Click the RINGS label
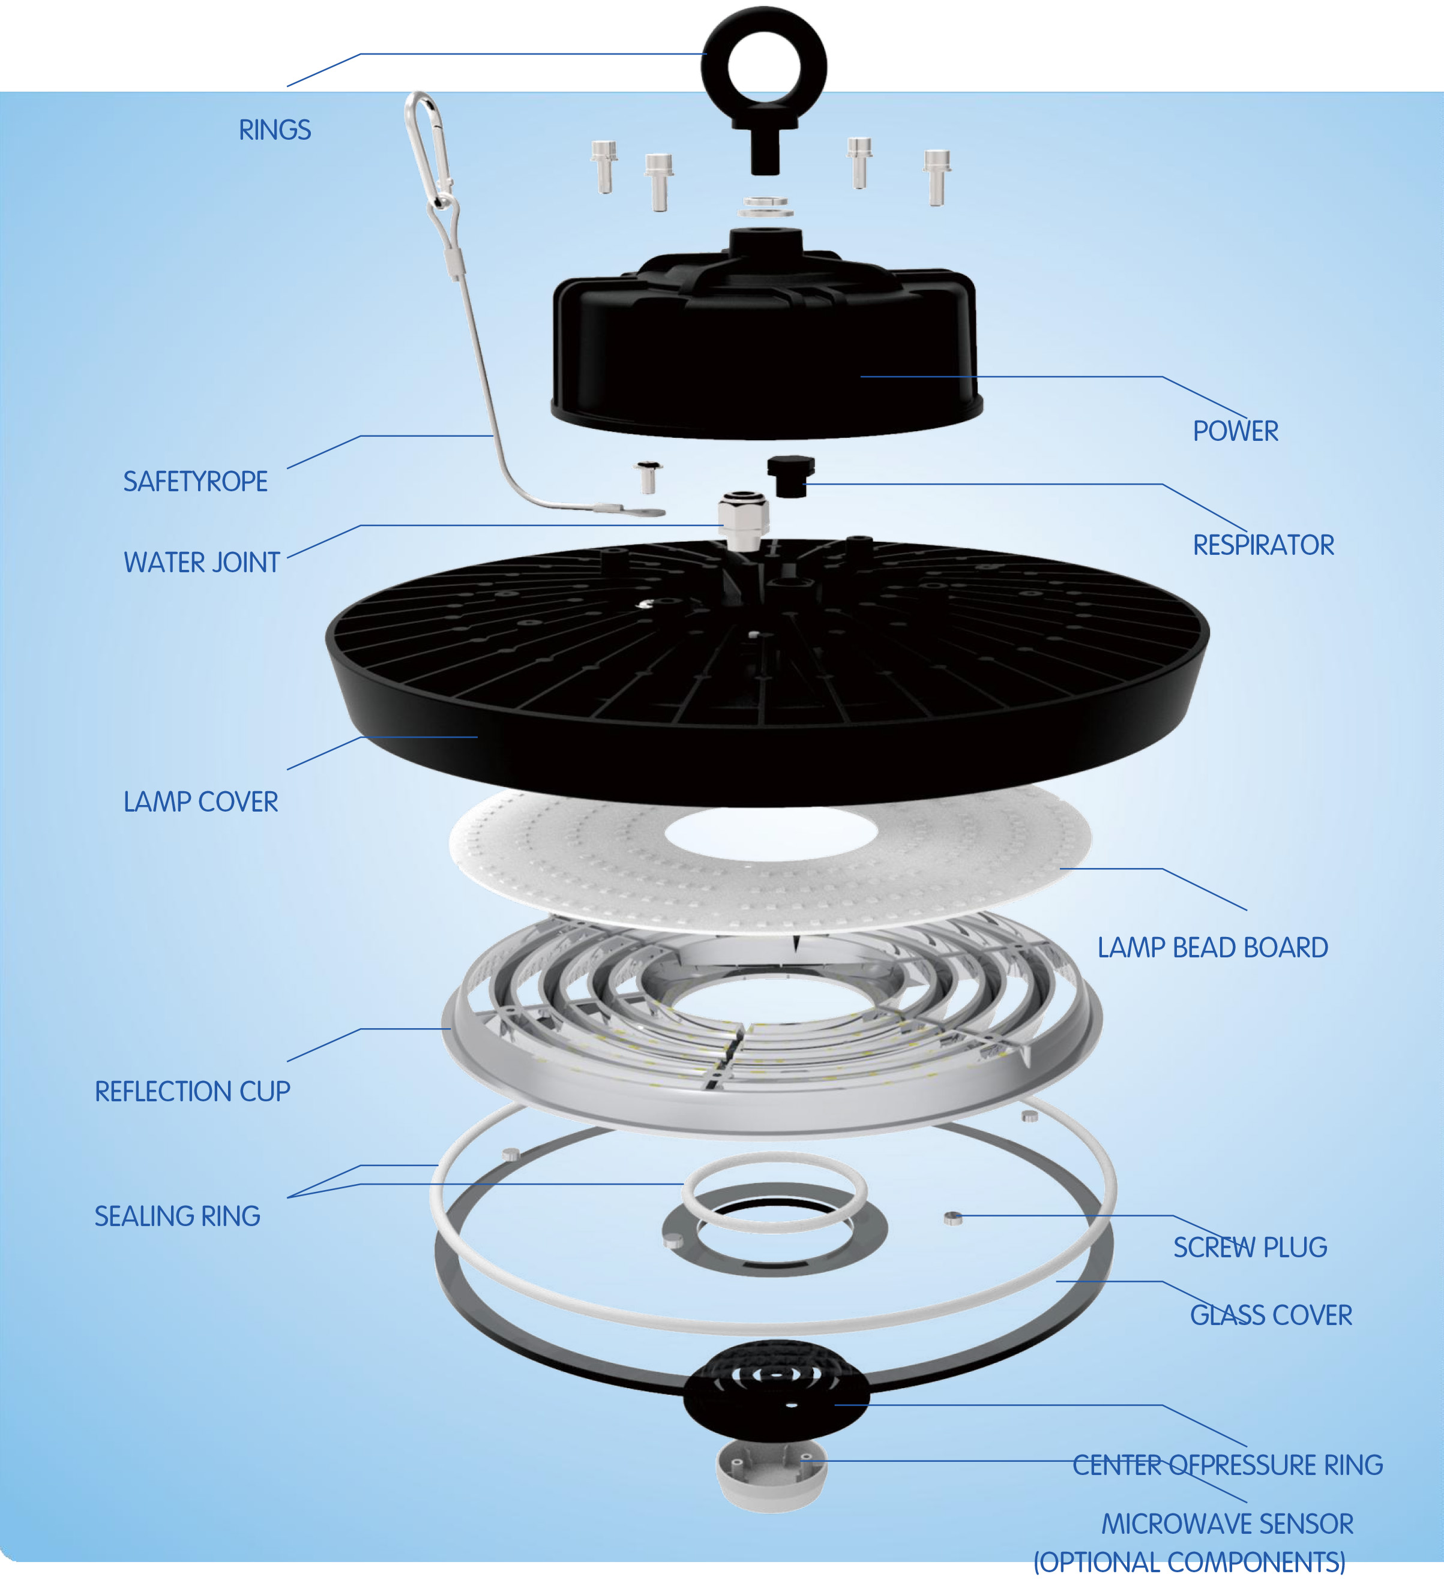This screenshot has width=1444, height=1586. [275, 130]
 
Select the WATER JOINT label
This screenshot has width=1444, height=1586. [202, 563]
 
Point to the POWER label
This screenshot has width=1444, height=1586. [1236, 431]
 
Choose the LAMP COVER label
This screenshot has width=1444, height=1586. [200, 801]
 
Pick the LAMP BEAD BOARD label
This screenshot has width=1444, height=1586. [1213, 947]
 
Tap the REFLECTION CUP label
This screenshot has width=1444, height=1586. [193, 1091]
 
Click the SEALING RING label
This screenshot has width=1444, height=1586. [177, 1216]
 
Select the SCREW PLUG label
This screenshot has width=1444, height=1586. [1250, 1247]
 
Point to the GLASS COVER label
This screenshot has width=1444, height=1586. [1271, 1315]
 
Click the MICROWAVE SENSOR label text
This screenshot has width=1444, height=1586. [1227, 1524]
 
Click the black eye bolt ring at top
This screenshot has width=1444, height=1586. [763, 31]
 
